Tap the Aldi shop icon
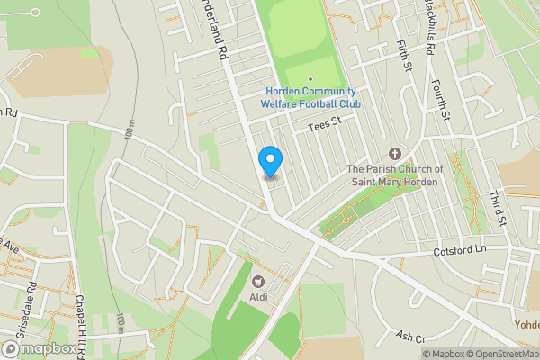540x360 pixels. click(259, 283)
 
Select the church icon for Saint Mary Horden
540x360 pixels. click(395, 155)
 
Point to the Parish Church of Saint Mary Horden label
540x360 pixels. click(395, 175)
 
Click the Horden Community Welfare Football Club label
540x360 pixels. click(311, 98)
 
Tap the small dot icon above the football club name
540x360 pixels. click(311, 79)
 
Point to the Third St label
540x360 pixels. click(496, 208)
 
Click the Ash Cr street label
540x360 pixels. click(409, 337)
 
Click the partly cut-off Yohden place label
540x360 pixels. click(526, 324)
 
